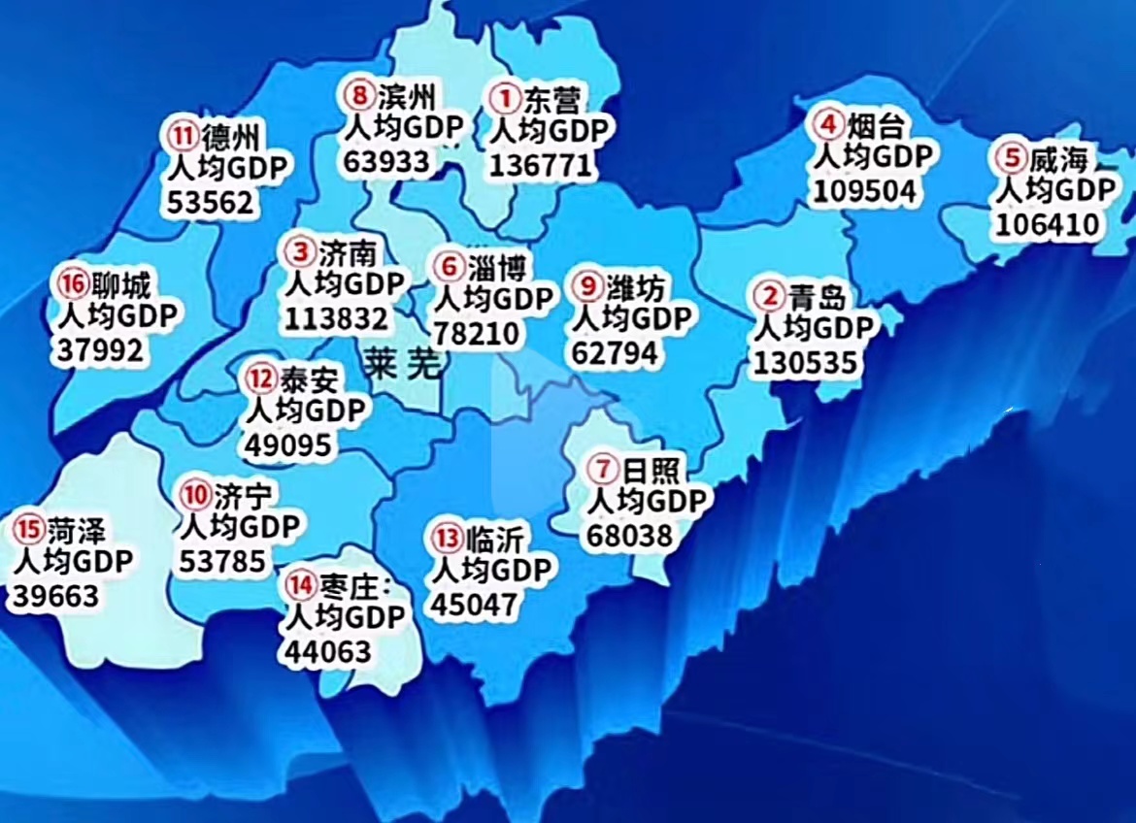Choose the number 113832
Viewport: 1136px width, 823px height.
(336, 317)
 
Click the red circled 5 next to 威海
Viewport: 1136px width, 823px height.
(1012, 157)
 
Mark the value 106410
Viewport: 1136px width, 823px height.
(1047, 225)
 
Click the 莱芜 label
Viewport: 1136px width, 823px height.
(404, 363)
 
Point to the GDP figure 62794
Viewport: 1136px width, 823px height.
(615, 352)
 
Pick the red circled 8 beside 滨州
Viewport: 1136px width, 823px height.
(359, 96)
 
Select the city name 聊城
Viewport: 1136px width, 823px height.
(121, 285)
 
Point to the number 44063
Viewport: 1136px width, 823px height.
(327, 650)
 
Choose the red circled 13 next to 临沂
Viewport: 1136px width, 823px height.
(448, 536)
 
